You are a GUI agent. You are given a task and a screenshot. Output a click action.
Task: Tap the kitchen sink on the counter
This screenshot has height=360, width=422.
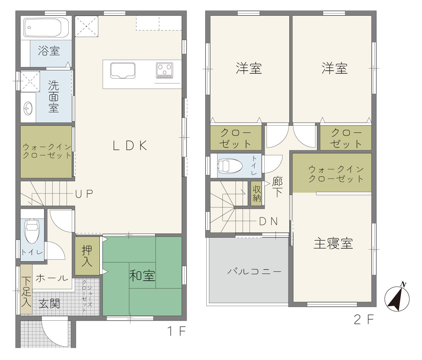(x=123, y=71)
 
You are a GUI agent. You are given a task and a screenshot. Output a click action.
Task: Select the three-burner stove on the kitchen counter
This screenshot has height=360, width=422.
(x=164, y=70)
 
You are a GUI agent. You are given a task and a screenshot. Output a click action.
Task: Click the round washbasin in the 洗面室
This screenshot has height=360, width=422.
(x=28, y=108)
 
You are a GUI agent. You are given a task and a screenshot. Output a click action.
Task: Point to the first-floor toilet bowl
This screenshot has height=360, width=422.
(x=32, y=231)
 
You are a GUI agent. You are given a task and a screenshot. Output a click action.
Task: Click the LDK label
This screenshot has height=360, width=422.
(x=130, y=146)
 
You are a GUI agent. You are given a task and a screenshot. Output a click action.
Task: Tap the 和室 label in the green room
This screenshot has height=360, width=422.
(x=142, y=275)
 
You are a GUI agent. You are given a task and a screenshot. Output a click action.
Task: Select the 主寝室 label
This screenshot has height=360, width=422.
(x=333, y=243)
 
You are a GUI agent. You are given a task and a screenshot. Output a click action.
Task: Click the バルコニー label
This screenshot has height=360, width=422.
(x=254, y=271)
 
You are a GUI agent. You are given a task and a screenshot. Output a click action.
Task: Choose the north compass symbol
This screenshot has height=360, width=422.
(x=397, y=297)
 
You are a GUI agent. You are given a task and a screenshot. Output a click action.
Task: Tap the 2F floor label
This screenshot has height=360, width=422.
(x=364, y=319)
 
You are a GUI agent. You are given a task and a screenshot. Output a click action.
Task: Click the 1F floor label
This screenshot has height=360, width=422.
(x=176, y=331)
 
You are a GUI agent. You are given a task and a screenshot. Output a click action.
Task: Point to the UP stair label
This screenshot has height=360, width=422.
(x=84, y=194)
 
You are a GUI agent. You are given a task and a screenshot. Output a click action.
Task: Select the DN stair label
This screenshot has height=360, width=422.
(x=268, y=222)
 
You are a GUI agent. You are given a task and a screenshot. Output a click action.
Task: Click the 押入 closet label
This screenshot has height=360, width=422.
(x=87, y=256)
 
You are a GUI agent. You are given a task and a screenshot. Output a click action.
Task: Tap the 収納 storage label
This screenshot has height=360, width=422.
(x=257, y=193)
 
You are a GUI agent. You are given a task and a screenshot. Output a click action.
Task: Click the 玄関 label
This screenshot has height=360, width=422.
(x=49, y=304)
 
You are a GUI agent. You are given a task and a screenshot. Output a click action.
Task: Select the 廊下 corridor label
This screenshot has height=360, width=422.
(x=277, y=187)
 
